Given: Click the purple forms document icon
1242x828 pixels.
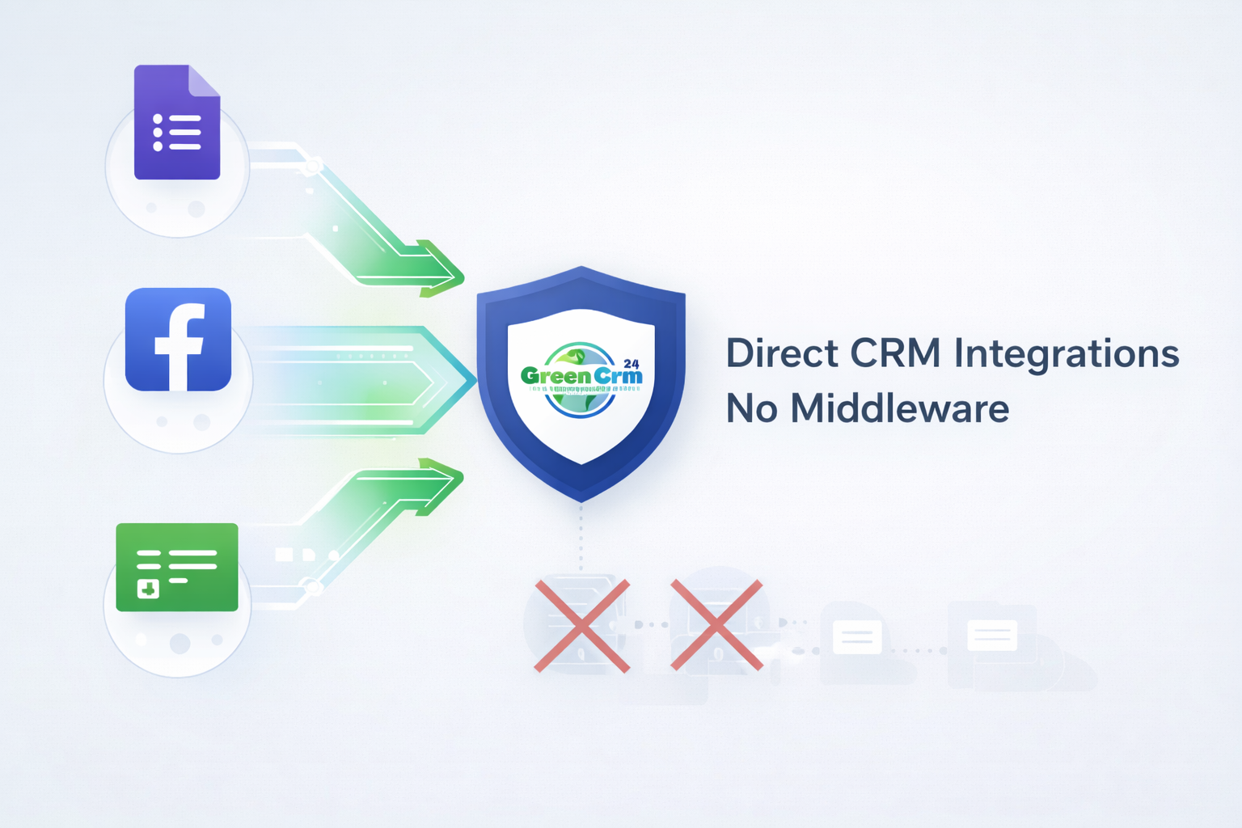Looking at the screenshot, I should click(x=177, y=123).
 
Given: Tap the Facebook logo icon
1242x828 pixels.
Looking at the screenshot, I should click(x=178, y=340).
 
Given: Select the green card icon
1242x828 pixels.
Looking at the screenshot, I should click(x=177, y=567).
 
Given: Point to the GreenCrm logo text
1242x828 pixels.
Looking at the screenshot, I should click(x=581, y=376).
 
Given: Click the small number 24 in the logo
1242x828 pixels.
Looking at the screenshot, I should click(x=632, y=364).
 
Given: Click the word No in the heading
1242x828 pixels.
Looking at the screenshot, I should click(x=752, y=408).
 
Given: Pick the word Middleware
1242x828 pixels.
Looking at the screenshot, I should click(x=899, y=408).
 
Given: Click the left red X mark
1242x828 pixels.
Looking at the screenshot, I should click(x=582, y=625).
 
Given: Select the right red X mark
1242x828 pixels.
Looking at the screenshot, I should click(x=716, y=625).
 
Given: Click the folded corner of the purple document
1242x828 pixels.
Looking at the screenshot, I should click(x=204, y=80).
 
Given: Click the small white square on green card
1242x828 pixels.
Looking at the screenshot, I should click(x=148, y=588).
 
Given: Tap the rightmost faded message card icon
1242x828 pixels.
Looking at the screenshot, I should click(x=992, y=636).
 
